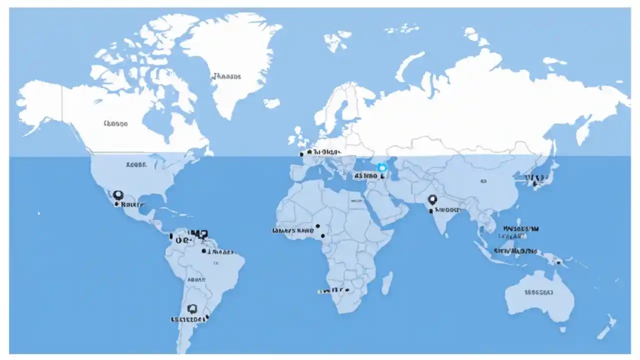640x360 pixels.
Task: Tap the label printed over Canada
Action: [115, 123]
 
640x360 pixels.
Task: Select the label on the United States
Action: [136, 164]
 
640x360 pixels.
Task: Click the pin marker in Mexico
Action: [118, 195]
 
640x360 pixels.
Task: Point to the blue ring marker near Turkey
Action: [382, 168]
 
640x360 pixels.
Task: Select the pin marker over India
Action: [432, 200]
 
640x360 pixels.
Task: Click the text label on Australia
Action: [538, 292]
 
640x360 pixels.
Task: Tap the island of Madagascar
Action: [386, 282]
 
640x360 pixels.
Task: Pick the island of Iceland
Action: [272, 103]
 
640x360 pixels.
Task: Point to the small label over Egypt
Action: [357, 200]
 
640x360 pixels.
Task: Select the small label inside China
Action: [483, 181]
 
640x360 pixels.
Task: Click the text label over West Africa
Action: [292, 231]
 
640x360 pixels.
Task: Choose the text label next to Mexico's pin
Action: [133, 204]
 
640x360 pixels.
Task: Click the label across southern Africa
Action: [333, 290]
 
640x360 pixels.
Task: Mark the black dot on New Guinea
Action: [558, 261]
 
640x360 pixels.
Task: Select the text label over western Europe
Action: [325, 151]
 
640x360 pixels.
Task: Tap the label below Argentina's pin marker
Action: [188, 319]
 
